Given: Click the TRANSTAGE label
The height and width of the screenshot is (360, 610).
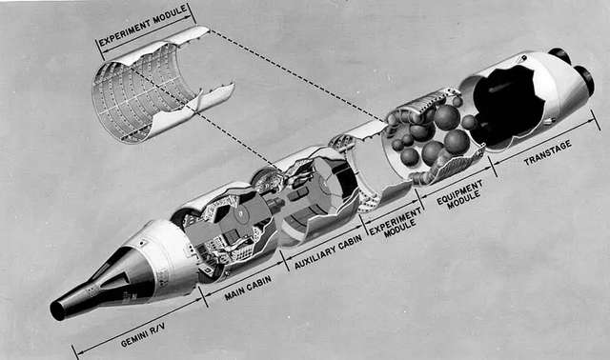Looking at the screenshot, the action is tap(548, 153).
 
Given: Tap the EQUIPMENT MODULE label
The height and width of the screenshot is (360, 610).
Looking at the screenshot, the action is tap(459, 195).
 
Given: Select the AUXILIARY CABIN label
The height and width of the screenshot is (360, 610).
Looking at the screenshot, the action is tap(329, 252).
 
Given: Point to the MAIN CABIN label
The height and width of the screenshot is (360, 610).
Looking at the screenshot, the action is tap(248, 289).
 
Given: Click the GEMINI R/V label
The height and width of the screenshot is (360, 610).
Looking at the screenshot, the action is tap(143, 335).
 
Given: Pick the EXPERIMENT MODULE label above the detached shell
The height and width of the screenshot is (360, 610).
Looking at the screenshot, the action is tap(143, 26).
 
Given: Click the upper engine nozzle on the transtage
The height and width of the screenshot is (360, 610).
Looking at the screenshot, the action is tap(559, 56).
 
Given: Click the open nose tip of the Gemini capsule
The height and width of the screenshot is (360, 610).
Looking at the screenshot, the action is tap(57, 310).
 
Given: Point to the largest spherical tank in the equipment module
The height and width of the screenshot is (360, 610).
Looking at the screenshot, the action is tap(447, 117).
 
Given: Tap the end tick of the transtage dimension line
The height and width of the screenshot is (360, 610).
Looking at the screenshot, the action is tap(595, 120).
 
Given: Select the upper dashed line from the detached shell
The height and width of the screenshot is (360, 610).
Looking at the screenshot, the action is tap(297, 74).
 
